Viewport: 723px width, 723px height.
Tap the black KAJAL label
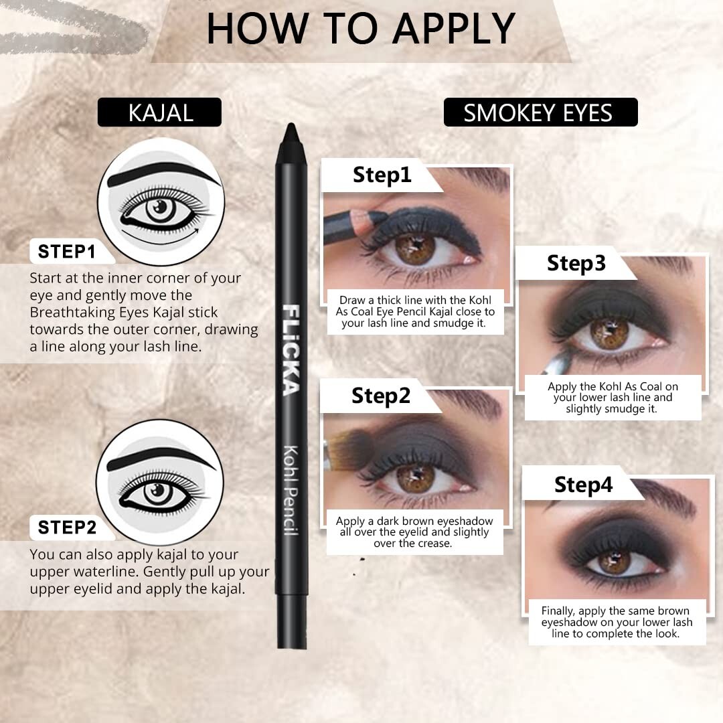(160, 112)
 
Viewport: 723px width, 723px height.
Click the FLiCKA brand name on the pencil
(291, 349)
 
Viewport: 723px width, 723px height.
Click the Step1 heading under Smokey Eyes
(382, 175)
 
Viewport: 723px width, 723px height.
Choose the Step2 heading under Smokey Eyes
(380, 396)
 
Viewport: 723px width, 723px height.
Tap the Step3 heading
(576, 263)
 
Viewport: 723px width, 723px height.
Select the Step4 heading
(583, 485)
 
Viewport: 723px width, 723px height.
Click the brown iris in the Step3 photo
(609, 331)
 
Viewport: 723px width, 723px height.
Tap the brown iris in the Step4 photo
(614, 561)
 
